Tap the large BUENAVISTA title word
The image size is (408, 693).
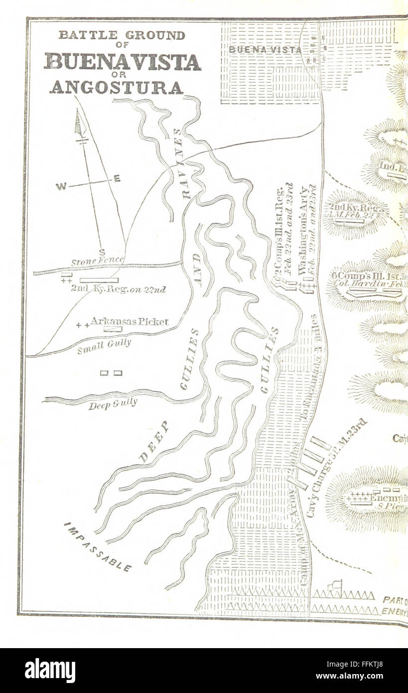click(x=123, y=62)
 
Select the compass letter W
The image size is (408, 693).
click(x=61, y=187)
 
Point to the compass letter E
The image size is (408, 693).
click(x=117, y=178)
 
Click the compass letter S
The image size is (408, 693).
click(x=102, y=252)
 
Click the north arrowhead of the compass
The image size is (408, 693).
click(x=78, y=123)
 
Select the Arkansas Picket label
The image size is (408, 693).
click(x=129, y=322)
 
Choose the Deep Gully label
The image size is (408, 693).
click(x=113, y=404)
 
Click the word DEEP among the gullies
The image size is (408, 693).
click(x=154, y=442)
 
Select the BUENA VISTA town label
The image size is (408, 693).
click(x=265, y=50)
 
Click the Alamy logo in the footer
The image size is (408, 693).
click(x=50, y=670)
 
